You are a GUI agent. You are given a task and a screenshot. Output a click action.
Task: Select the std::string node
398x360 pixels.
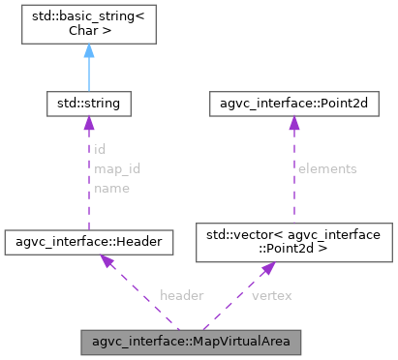pyautogui.click(x=88, y=101)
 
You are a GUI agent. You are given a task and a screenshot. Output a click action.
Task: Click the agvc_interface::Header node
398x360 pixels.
pyautogui.click(x=88, y=241)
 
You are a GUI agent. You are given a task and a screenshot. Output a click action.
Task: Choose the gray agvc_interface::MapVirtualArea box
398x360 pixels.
pyautogui.click(x=192, y=341)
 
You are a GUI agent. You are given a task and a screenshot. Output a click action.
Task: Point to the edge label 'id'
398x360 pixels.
pyautogui.click(x=100, y=150)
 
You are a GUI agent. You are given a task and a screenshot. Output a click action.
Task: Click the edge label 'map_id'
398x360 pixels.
pyautogui.click(x=117, y=169)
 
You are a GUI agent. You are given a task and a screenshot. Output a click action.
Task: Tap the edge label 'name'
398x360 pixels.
pyautogui.click(x=111, y=188)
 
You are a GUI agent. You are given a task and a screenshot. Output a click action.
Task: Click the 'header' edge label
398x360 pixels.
pyautogui.click(x=181, y=293)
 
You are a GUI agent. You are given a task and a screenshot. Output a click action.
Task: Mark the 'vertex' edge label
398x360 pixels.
pyautogui.click(x=271, y=293)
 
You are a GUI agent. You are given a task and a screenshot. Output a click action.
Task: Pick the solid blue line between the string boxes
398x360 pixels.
pyautogui.click(x=88, y=73)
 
